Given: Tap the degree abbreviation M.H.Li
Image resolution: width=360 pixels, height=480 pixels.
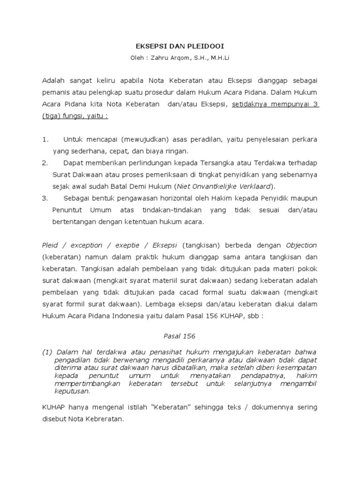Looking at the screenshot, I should [218, 59].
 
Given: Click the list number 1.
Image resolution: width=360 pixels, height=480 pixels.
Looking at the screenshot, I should [45, 140].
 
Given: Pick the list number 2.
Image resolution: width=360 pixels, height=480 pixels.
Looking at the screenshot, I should [45, 163].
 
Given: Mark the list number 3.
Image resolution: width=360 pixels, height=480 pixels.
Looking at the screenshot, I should [45, 198].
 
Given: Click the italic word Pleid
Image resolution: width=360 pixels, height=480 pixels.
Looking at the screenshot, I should [50, 245].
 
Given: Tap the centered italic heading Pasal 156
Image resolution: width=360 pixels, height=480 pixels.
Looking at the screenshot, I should [180, 336].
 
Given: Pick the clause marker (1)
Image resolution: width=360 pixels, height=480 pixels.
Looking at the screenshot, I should [47, 352].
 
